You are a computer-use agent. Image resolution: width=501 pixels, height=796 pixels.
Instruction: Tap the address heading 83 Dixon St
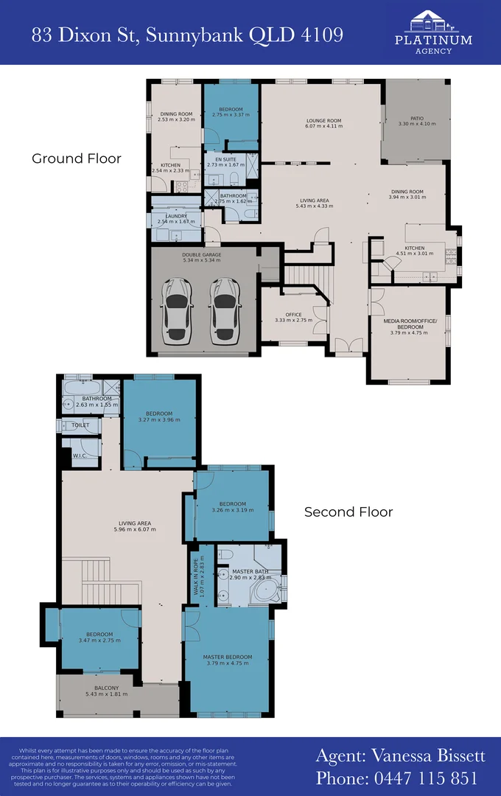click(x=187, y=34)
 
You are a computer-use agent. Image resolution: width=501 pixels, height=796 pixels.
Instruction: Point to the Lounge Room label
click(x=324, y=123)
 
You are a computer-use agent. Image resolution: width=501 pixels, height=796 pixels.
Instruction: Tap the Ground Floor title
click(x=77, y=158)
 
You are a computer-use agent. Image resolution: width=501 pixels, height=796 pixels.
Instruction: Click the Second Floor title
click(x=348, y=512)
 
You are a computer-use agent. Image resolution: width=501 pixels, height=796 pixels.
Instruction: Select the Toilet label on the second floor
click(x=80, y=425)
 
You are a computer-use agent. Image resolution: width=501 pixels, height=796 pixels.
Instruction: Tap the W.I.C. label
click(x=80, y=456)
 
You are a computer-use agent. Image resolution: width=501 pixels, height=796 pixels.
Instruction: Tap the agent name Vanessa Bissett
click(x=400, y=755)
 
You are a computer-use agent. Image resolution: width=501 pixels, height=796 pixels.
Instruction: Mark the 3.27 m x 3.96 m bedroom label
click(x=159, y=416)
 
